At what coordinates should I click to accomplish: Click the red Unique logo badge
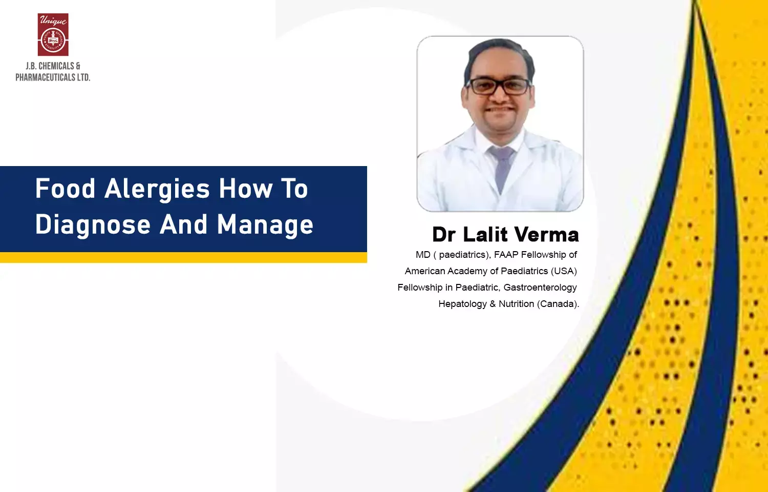(53, 34)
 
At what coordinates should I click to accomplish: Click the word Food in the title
(65, 189)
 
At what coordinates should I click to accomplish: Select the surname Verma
(546, 235)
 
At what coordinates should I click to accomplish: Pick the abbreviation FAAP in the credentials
(506, 255)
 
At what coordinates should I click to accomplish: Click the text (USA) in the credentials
(564, 272)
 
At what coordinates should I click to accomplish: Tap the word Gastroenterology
(540, 288)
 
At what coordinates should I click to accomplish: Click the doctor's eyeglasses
(499, 87)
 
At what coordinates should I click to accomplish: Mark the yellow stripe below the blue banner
(183, 257)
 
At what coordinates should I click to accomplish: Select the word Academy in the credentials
(467, 272)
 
